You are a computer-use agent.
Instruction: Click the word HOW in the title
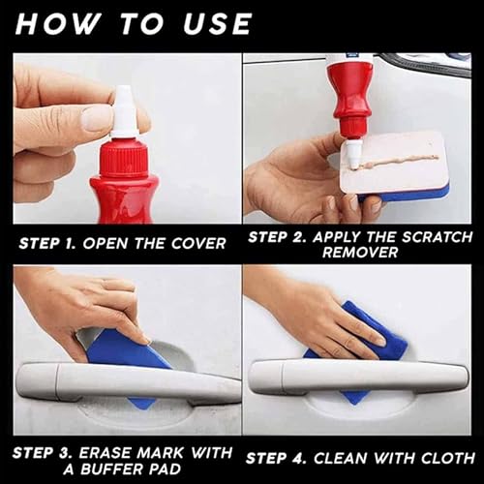(x=57, y=24)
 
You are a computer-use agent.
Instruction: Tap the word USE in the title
(x=217, y=24)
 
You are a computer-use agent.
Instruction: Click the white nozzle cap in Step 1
(x=125, y=112)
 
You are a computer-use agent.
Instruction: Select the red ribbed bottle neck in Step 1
(x=124, y=158)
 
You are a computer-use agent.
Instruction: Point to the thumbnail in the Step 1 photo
(x=94, y=118)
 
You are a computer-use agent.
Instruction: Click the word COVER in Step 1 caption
(x=198, y=244)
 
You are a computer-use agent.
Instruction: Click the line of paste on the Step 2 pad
(x=399, y=162)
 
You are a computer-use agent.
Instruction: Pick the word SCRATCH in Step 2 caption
(x=437, y=237)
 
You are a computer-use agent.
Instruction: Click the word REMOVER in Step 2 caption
(x=360, y=253)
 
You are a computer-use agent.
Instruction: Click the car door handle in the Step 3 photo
(x=128, y=382)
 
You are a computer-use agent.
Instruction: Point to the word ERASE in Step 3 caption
(x=105, y=453)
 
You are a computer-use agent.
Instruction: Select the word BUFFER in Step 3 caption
(x=109, y=469)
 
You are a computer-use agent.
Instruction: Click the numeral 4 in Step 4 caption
(x=298, y=459)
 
